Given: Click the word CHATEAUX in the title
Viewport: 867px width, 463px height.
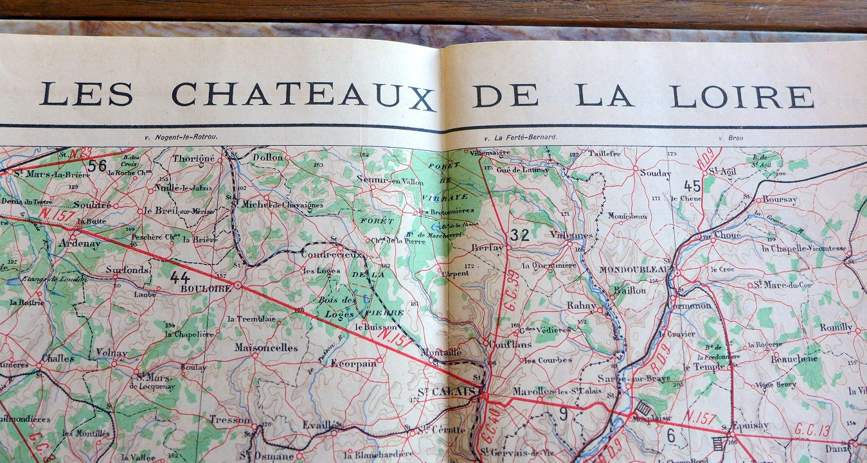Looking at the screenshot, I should pos(303,96).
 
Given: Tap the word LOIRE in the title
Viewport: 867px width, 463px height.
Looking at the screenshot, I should pos(742,96).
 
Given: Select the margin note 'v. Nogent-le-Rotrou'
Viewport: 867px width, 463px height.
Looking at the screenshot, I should pos(182,137).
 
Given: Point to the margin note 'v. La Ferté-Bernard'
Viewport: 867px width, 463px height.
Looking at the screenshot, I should pos(521,137).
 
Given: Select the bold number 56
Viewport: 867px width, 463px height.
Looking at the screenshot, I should pos(97,166).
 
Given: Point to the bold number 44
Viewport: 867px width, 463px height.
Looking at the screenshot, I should pos(180,277).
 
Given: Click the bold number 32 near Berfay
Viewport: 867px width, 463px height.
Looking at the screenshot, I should pos(519,236).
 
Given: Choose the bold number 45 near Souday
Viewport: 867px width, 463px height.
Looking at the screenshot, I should pos(692,186).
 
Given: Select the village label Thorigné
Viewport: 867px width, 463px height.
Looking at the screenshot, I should pos(193,158).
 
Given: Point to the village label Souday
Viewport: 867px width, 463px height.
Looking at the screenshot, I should pos(656,173).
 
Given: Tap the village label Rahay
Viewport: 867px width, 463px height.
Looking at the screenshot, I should pos(581,306).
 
